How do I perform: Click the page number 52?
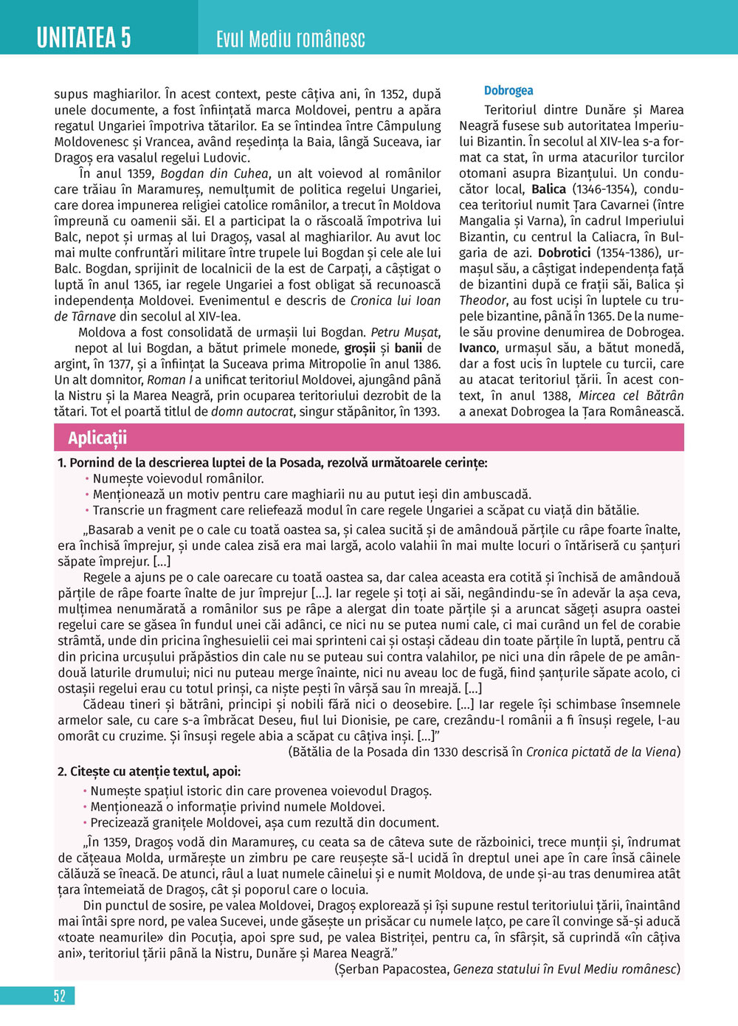click(x=60, y=996)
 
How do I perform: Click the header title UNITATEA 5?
click(x=83, y=38)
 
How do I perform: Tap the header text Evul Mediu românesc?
click(x=290, y=39)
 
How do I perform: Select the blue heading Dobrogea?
click(x=508, y=91)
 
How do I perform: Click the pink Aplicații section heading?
click(x=97, y=438)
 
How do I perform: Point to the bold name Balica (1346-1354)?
click(x=548, y=190)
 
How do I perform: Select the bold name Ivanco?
click(x=477, y=348)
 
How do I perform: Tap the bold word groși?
click(x=361, y=348)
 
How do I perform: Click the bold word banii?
click(x=408, y=348)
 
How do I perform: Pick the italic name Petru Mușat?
click(x=405, y=332)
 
